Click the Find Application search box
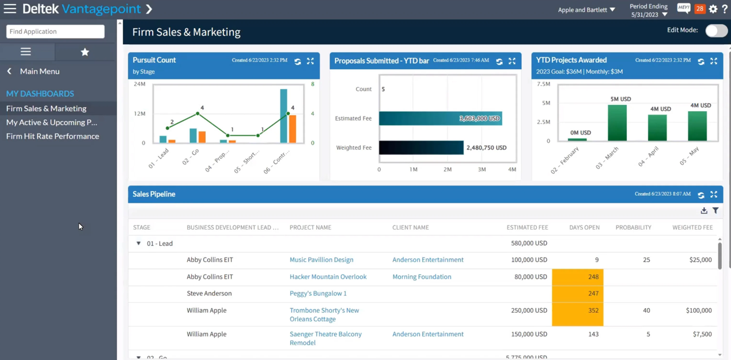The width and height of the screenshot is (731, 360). pos(55,32)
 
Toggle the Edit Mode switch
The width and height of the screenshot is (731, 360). pos(716,31)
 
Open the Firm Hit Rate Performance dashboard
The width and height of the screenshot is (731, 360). pos(52,137)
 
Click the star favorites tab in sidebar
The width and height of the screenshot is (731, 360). pos(85,52)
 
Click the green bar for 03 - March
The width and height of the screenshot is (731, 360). pos(617,122)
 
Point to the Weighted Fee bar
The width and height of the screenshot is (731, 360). pos(421,147)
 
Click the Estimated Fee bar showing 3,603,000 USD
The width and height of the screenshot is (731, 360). pos(440,118)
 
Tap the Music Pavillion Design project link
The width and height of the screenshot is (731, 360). pos(321,260)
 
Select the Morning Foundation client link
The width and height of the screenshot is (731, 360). pos(422,276)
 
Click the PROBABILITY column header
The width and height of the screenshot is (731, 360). pos(633,228)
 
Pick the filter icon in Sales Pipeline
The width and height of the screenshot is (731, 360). pos(715,211)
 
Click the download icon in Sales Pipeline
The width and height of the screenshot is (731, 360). pos(704,211)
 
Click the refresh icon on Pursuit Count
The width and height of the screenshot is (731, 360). pos(298,61)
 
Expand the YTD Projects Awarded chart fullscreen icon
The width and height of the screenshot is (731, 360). pos(714,61)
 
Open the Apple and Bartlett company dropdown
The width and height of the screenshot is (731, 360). pos(586,10)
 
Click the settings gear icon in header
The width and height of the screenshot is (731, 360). pos(713,9)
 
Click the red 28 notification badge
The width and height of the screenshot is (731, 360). pos(699,9)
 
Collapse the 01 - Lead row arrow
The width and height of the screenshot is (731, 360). pos(138,244)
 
